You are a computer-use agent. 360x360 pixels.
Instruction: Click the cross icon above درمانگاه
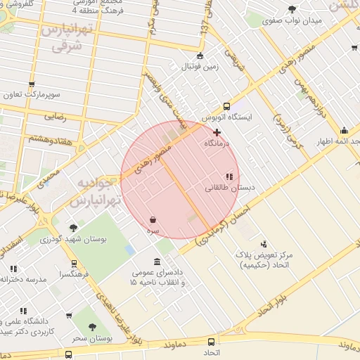(x=217, y=132)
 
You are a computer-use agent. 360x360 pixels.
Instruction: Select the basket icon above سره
(x=153, y=220)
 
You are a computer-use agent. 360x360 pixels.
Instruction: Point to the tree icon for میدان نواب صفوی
(x=292, y=9)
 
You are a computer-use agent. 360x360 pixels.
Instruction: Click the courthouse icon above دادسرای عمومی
(x=156, y=261)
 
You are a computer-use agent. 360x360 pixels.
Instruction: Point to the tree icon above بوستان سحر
(x=92, y=328)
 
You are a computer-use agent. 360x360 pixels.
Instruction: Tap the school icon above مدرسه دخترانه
(x=13, y=268)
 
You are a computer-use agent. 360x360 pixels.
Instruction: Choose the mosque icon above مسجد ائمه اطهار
(x=344, y=130)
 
